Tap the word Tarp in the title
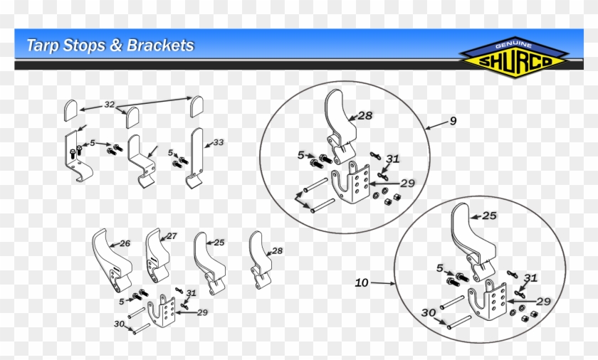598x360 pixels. [x=42, y=46]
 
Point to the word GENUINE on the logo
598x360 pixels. [x=512, y=45]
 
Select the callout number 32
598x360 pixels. [x=109, y=105]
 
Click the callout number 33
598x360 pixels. [x=219, y=142]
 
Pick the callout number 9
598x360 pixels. [x=453, y=121]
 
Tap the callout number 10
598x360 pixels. [x=362, y=283]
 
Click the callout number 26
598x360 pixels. [x=125, y=243]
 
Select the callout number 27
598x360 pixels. [x=171, y=236]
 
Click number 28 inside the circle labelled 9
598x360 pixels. [x=365, y=115]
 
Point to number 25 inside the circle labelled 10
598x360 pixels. [x=489, y=215]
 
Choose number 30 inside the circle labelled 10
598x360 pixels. [x=428, y=312]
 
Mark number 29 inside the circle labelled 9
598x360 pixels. [x=406, y=184]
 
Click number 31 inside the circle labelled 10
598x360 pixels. [x=530, y=278]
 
